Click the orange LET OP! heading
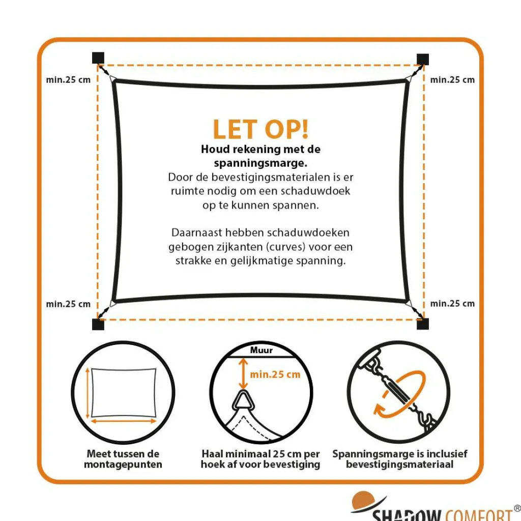tap(260, 129)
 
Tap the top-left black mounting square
tap(98, 58)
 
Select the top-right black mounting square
tap(423, 59)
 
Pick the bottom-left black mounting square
tap(98, 324)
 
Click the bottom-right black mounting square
tap(423, 324)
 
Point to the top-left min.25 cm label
tap(68, 80)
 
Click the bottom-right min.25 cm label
tap(452, 304)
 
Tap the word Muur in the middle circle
tap(261, 350)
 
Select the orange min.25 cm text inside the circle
tap(275, 374)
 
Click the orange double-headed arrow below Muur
tap(244, 373)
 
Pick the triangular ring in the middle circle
tap(243, 401)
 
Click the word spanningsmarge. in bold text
tap(260, 163)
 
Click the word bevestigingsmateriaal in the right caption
tap(399, 465)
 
